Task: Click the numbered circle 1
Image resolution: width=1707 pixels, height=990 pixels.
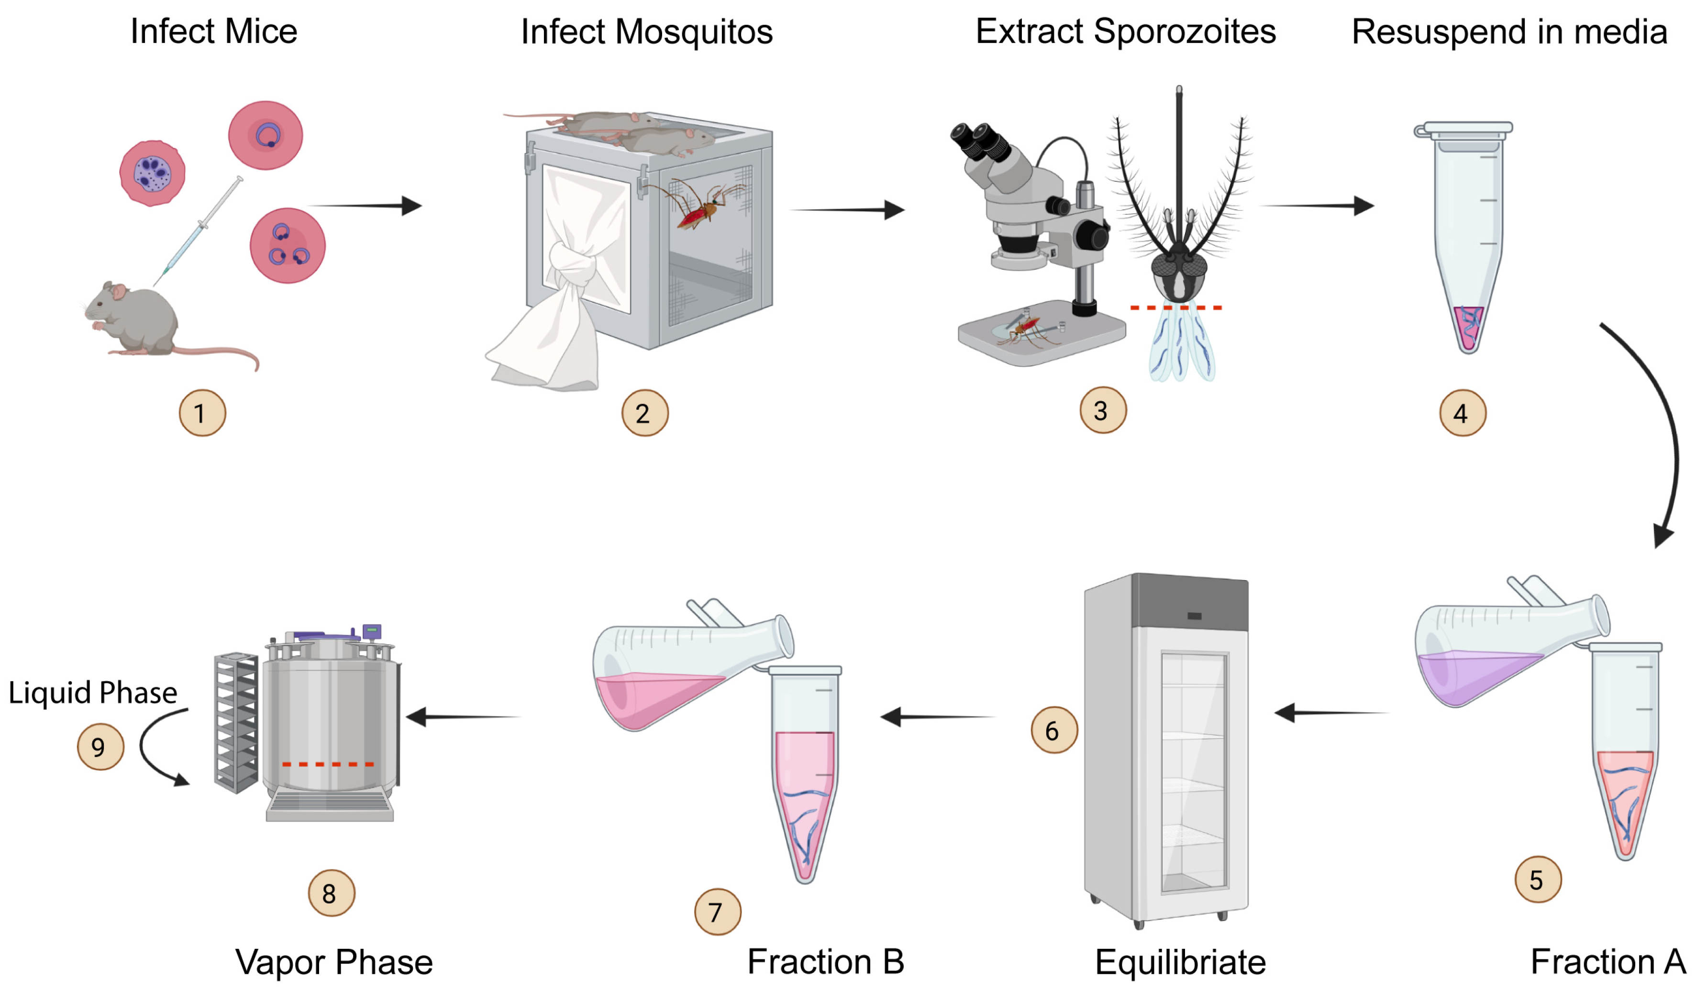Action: tap(202, 412)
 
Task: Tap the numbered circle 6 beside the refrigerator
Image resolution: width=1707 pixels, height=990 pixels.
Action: tap(1053, 730)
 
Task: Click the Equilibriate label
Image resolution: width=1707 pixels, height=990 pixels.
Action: tap(1179, 962)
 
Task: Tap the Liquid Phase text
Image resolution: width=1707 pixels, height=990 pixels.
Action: tap(93, 692)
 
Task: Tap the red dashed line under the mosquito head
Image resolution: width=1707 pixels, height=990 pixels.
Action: tap(1175, 308)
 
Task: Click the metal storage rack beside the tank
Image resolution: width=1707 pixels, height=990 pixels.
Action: tap(236, 721)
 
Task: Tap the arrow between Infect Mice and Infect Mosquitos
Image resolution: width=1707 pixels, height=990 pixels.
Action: tap(366, 205)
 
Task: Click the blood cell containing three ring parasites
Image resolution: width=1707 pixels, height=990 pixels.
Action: tap(287, 245)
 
